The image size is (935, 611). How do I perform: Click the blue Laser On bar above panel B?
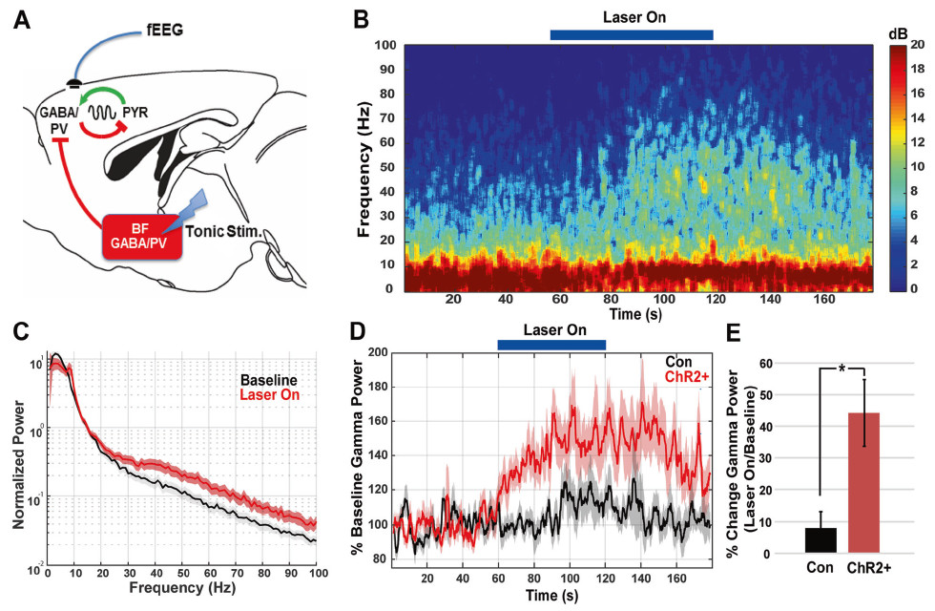tap(632, 35)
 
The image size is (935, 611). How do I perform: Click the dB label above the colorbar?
tap(898, 32)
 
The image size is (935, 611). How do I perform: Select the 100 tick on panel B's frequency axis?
tap(384, 46)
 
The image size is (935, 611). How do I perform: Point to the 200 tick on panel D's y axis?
tap(378, 353)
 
